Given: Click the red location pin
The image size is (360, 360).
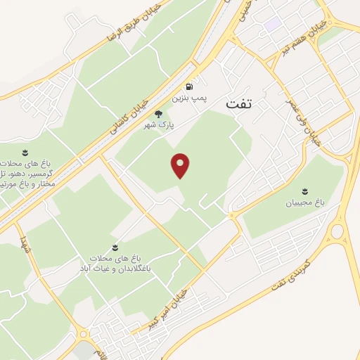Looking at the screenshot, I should click(181, 166).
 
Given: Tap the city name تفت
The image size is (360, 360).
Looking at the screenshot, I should click(239, 105).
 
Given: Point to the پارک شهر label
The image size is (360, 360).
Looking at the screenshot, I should click(158, 124).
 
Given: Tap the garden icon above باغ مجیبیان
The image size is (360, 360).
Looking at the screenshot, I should click(305, 191).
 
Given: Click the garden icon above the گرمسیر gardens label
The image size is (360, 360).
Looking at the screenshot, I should click(25, 153).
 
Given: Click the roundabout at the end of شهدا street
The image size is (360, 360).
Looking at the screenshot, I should click(84, 335).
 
